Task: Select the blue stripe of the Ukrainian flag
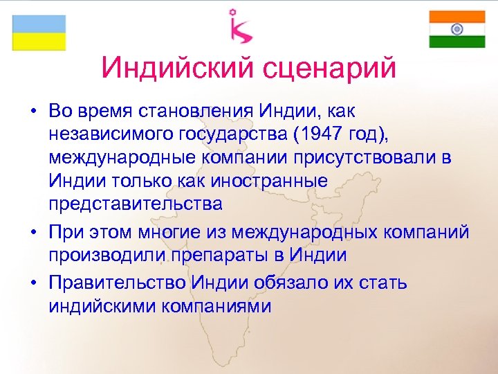click(39, 24)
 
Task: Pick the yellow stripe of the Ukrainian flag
click(39, 42)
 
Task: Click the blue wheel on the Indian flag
click(457, 29)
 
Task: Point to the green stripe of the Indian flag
click(457, 42)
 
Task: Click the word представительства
click(136, 204)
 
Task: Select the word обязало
click(308, 283)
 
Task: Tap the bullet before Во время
click(33, 111)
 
